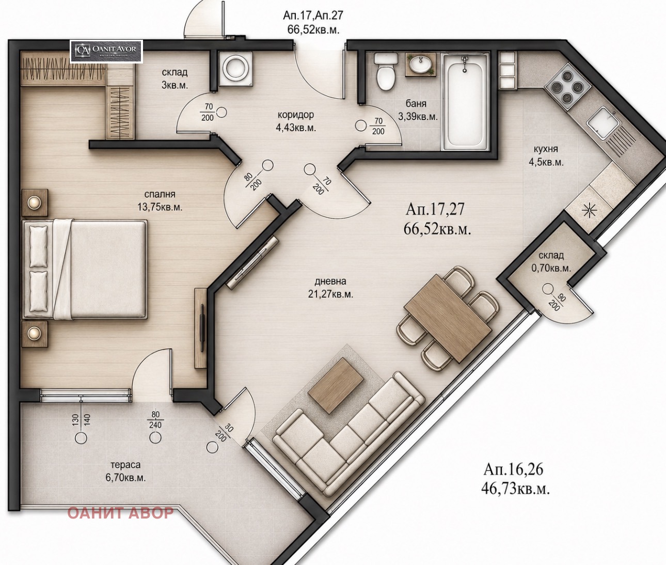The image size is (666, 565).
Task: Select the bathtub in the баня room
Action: coord(465,102)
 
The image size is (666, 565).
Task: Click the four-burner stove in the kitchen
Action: coord(567,87)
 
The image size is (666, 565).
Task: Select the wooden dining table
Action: coord(448,323)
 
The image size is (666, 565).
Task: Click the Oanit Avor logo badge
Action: coord(107,51)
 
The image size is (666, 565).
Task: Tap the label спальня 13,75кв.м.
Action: coord(160,200)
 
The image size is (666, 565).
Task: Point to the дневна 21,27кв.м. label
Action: coord(330,288)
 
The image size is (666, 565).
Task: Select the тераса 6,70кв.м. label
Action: coord(125,471)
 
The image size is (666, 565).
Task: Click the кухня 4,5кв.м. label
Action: coord(546,155)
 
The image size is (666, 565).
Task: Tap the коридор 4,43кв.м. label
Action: coord(296,121)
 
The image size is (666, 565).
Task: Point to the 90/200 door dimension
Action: coord(558,302)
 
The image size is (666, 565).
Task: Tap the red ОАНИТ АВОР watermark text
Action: coord(121,513)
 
